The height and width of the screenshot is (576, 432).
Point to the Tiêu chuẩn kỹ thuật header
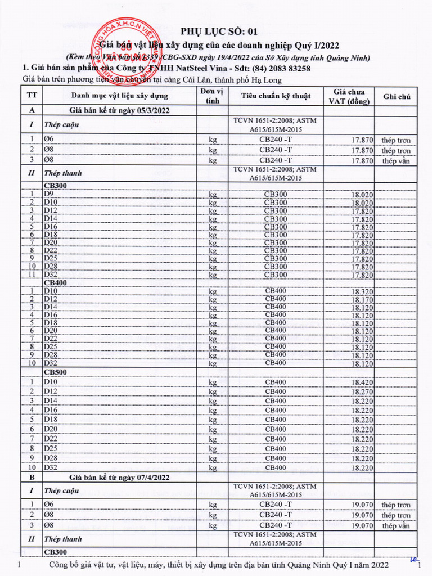click(x=276, y=96)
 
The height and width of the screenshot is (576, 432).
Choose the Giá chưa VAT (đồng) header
click(x=349, y=96)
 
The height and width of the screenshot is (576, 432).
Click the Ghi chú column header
click(x=397, y=96)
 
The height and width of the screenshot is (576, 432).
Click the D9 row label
click(x=49, y=194)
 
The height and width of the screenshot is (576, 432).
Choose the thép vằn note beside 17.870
click(x=396, y=161)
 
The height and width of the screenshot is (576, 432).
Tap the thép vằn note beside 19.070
click(x=396, y=526)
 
